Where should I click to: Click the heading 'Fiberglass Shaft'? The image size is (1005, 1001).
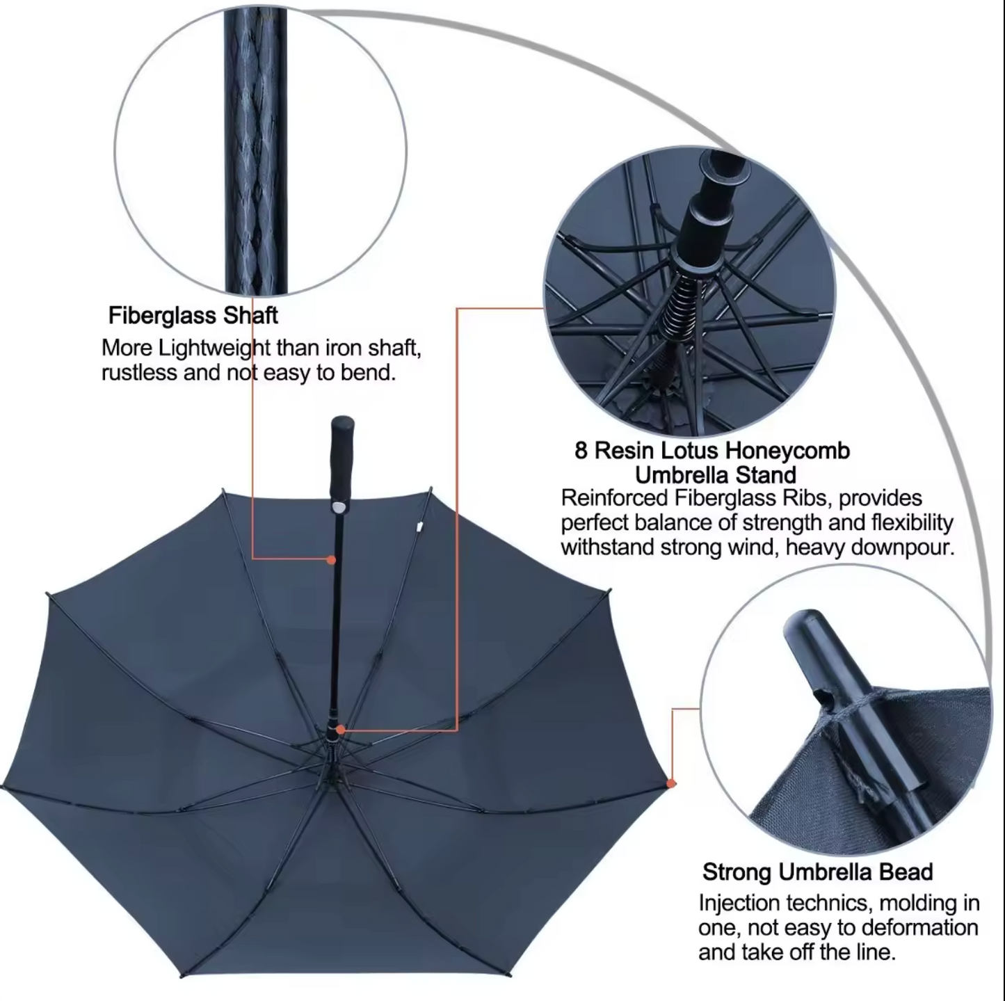point(193,316)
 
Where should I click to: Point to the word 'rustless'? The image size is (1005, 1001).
point(139,373)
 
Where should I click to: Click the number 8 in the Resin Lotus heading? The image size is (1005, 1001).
point(581,451)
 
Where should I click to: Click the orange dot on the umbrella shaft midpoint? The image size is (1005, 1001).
point(330,560)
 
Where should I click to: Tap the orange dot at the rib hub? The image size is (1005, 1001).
point(341,730)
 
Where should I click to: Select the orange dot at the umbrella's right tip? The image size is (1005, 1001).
point(672,783)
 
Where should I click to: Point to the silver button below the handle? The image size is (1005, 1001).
point(339,507)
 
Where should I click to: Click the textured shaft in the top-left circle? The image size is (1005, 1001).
point(256,151)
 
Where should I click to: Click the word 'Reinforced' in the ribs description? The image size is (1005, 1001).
point(614,499)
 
